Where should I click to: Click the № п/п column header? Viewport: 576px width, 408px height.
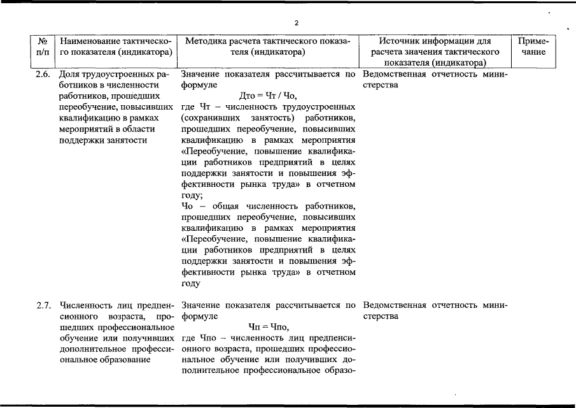click(43, 46)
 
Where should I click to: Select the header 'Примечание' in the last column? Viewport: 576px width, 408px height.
click(538, 46)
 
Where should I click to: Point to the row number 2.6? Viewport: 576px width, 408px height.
click(43, 74)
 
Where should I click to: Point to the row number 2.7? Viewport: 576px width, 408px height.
click(43, 305)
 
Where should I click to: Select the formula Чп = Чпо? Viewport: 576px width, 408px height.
click(268, 326)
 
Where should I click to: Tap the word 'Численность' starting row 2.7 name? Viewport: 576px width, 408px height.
click(85, 305)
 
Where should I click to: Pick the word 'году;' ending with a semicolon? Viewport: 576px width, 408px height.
click(192, 196)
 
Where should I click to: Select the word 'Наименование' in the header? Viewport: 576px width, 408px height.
click(90, 41)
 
